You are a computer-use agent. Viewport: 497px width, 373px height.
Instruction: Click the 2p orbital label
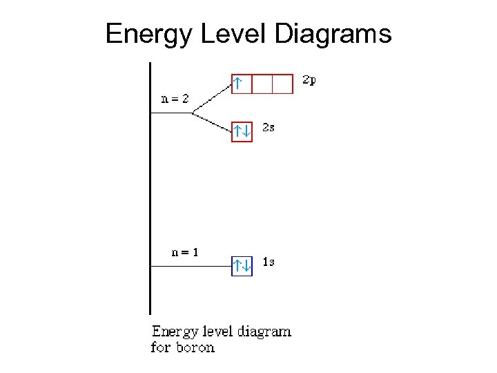click(310, 80)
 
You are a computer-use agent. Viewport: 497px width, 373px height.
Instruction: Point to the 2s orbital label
click(269, 128)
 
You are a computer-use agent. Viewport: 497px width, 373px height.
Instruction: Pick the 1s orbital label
click(269, 262)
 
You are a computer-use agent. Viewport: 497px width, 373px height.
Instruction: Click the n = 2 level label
click(175, 99)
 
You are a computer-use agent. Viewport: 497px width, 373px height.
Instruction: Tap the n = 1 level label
click(185, 252)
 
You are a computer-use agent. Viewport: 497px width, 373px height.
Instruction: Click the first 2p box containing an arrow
click(241, 84)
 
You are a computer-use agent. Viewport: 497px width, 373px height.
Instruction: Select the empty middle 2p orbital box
click(262, 84)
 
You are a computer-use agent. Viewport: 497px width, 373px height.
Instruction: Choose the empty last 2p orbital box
click(282, 84)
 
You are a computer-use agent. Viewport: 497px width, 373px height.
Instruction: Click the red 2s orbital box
click(242, 131)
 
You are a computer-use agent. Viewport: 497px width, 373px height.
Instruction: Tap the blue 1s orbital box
click(242, 265)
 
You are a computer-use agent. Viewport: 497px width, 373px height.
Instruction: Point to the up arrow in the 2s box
click(237, 131)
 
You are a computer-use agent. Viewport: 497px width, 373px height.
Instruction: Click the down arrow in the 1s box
click(246, 265)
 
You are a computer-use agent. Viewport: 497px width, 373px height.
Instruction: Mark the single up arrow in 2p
click(237, 84)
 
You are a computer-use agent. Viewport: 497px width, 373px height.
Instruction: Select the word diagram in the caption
click(264, 332)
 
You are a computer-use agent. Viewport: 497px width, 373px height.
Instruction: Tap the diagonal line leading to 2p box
click(211, 97)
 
